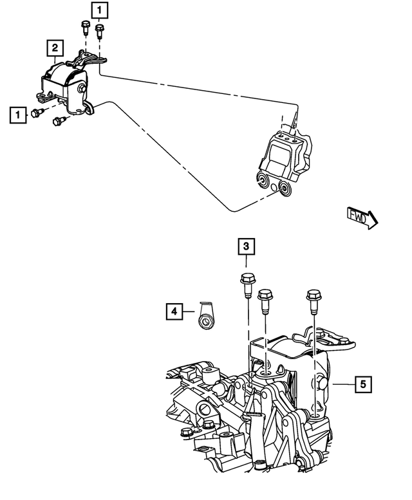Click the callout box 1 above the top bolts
tap(100, 10)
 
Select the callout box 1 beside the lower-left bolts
tap(18, 115)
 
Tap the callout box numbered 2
tap(55, 47)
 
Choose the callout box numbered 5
tap(363, 384)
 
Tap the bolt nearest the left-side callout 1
tap(37, 113)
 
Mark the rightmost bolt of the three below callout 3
tap(313, 298)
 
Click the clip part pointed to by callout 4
tap(205, 317)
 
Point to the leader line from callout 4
tap(188, 312)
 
